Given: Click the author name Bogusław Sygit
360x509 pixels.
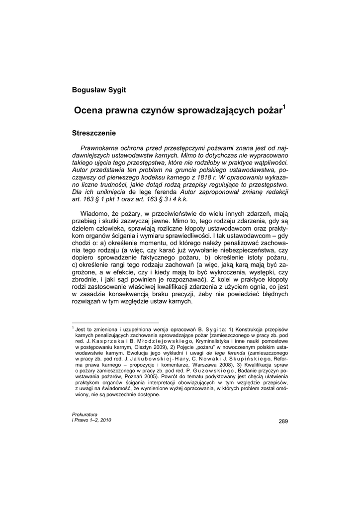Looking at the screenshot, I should tap(99, 90).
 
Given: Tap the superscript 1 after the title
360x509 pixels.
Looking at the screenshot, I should tap(284, 106).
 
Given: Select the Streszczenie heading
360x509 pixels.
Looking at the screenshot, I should tap(94, 133).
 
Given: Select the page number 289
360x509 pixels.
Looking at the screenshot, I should tap(283, 422).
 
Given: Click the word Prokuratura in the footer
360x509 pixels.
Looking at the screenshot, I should tap(85, 414).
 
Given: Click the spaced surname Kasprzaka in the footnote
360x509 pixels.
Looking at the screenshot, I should tap(107, 341).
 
